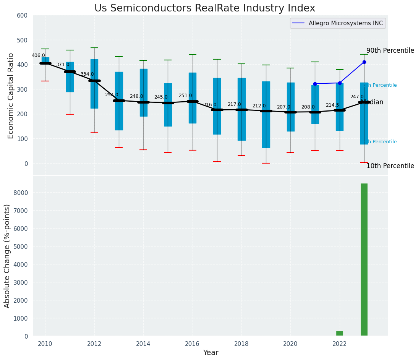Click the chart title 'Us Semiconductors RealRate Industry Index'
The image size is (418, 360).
coord(205,8)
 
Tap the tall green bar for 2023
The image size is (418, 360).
coord(364,260)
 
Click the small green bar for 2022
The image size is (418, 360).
coord(339,333)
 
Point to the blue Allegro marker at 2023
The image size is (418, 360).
coord(364,62)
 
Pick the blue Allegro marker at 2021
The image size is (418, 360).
coord(315,84)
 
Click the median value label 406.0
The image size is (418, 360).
coord(38,55)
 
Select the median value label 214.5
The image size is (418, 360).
coord(332,105)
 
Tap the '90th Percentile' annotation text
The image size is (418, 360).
coord(390,51)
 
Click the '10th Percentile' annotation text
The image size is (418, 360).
coord(390,166)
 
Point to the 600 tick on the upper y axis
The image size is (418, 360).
coord(23,15)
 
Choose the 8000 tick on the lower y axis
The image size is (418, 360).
coord(21,193)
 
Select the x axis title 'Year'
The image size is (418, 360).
coord(211,353)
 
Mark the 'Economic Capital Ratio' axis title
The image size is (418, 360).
coord(11,96)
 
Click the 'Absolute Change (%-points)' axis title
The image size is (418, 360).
coord(7,256)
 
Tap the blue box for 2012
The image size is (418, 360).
coord(94,84)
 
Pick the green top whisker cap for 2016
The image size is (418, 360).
coord(192,55)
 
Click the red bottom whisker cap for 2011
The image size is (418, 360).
coord(70,114)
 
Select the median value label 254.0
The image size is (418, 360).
coord(112,95)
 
